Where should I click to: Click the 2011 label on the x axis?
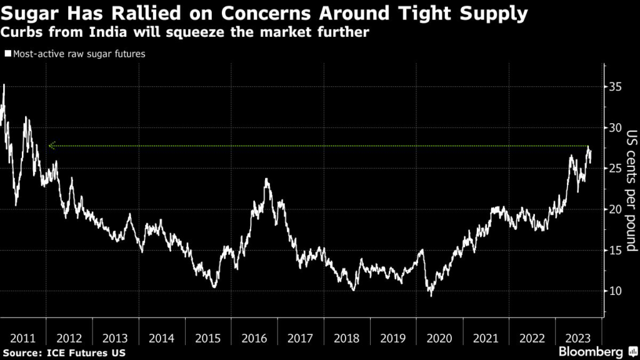coord(23,338)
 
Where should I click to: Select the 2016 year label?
coord(254,338)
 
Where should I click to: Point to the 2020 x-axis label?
coord(439,338)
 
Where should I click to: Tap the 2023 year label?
coord(578,338)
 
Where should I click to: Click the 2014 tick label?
coord(162,338)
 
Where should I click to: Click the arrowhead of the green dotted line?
coord(51,146)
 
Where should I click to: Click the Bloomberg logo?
coord(597,352)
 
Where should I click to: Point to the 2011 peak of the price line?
coord(4,86)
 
